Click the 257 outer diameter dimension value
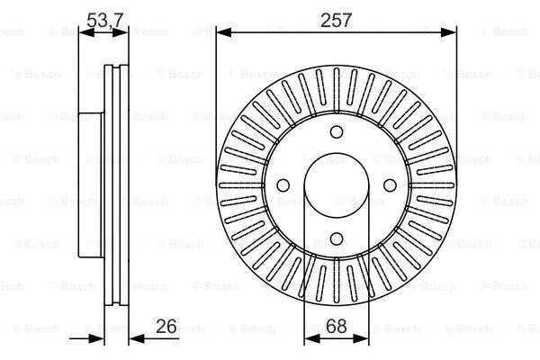[336, 19]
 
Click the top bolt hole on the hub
[337, 131]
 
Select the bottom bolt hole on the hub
[337, 238]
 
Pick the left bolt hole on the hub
[283, 185]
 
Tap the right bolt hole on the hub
[391, 185]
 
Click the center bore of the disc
[337, 185]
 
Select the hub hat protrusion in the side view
[89, 185]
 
